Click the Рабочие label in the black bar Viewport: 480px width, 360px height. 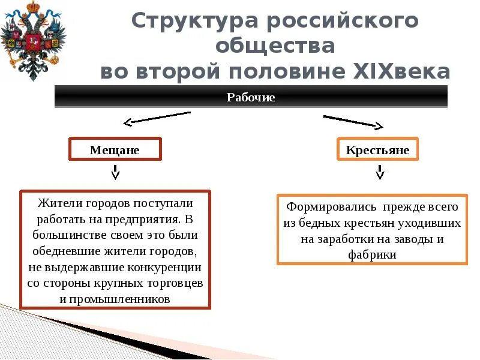(251, 97)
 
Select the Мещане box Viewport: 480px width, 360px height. (115, 149)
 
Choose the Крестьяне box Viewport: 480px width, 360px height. (377, 149)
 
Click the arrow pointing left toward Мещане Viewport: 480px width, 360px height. (156, 118)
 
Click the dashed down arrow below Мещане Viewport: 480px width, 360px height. (115, 172)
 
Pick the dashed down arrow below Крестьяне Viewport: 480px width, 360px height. (379, 172)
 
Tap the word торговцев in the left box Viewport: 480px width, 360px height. (177, 282)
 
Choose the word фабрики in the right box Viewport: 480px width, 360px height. (371, 254)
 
